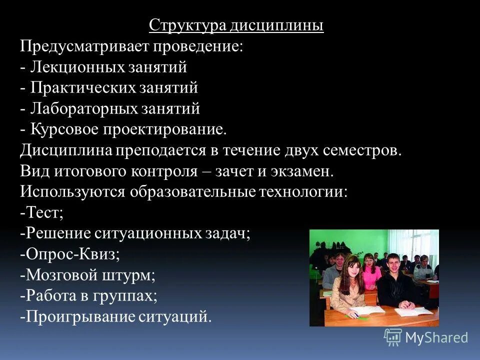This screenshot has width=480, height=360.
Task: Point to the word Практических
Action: click(82, 88)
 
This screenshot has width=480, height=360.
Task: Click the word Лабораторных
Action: click(83, 108)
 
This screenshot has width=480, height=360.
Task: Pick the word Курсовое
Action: click(65, 129)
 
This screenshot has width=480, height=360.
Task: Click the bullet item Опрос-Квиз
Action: click(70, 254)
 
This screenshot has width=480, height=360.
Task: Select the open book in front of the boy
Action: click(413, 311)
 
